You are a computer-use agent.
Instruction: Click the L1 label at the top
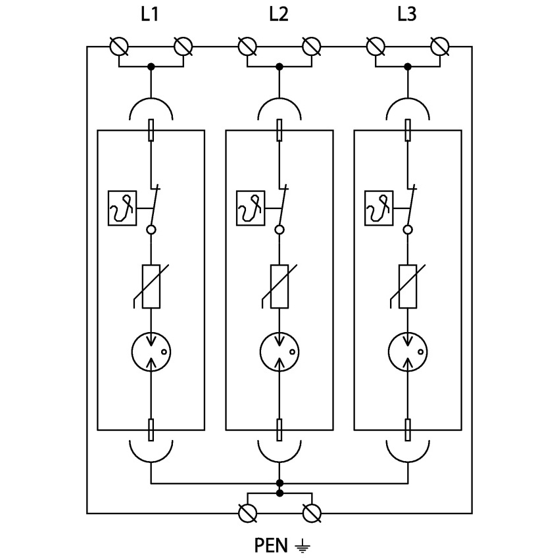coord(150,14)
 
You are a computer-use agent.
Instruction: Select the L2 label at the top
coord(278,14)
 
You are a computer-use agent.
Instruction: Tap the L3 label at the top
coord(406,14)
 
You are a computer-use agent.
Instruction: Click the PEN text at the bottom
coord(271,545)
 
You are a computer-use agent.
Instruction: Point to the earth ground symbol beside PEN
coord(302,545)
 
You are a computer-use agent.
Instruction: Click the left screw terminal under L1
coord(119,47)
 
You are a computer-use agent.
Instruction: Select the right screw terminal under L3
coord(439,47)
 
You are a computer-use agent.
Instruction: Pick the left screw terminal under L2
coord(247,47)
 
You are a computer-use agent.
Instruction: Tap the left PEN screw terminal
coord(247,513)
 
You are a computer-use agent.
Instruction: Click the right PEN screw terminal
coord(312,513)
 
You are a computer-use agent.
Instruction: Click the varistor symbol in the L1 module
coord(151,287)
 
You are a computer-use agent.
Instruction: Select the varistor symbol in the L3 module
coord(408,287)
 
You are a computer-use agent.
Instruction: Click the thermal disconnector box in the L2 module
coord(250,208)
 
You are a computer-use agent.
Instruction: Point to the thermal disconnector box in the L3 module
coord(378,208)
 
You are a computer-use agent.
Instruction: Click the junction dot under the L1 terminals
coord(151,67)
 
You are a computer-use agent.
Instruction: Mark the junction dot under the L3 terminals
coord(408,67)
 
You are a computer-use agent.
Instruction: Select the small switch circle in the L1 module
coord(151,230)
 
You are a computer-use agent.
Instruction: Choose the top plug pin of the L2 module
coord(279,130)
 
